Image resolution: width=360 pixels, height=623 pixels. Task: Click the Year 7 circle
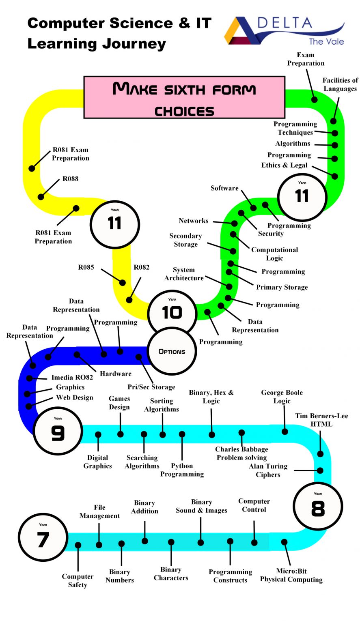(x=43, y=537)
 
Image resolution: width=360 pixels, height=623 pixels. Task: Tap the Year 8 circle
(x=318, y=506)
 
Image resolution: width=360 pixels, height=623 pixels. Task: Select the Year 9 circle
(x=58, y=431)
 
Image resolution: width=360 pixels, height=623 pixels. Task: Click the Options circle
(x=172, y=351)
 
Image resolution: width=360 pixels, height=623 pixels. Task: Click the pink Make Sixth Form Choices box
(x=184, y=97)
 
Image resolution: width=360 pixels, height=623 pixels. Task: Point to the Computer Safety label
(x=78, y=580)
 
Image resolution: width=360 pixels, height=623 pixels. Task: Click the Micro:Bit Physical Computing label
(x=291, y=575)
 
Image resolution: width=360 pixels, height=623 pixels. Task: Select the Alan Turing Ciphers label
(x=268, y=470)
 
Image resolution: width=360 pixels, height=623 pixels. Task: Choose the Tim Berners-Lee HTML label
(x=321, y=420)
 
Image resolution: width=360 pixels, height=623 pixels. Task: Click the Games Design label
(x=119, y=403)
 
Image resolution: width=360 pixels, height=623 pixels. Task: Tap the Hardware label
(x=116, y=374)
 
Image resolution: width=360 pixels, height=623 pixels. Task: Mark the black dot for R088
(x=41, y=197)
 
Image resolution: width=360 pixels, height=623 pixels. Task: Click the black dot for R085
(x=122, y=282)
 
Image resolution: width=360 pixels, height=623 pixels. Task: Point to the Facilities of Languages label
(x=340, y=84)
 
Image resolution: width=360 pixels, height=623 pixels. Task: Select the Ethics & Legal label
(x=284, y=165)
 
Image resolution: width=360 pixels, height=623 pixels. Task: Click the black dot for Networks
(x=234, y=223)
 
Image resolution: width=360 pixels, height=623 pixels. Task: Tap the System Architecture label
(x=184, y=274)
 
